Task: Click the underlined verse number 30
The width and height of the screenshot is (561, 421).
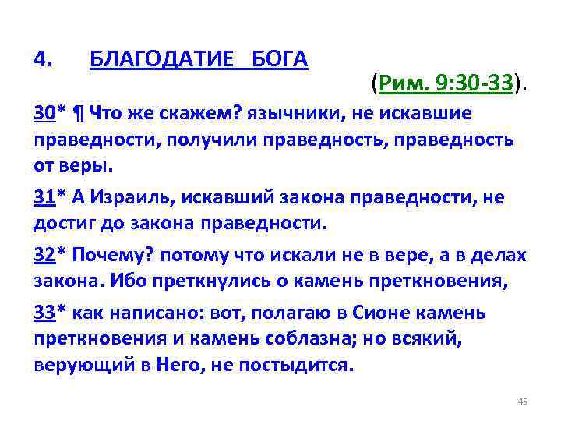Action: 44,115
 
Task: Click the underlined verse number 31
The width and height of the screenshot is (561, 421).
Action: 44,197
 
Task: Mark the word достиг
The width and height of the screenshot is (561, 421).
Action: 58,224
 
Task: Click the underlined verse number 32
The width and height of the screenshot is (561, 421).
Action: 44,255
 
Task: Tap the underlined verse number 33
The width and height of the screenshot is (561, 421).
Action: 44,313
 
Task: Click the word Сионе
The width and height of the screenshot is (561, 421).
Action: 372,313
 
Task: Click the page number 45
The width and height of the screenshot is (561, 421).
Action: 522,402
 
